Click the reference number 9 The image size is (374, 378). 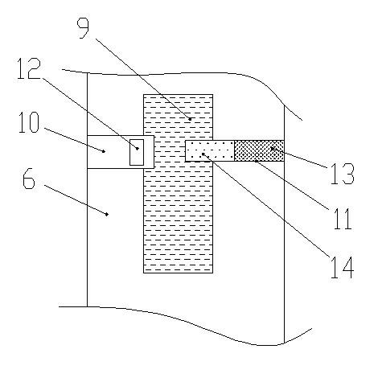click(x=83, y=28)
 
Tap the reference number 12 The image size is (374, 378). click(x=29, y=68)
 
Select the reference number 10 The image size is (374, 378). click(x=29, y=122)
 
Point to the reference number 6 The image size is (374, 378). click(x=29, y=179)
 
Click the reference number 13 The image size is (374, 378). click(x=343, y=174)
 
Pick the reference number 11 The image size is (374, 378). click(x=343, y=219)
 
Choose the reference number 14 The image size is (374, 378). click(x=343, y=268)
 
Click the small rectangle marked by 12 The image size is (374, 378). click(x=137, y=152)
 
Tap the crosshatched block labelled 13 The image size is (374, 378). click(x=259, y=150)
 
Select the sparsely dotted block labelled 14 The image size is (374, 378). click(x=210, y=151)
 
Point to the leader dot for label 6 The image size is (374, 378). click(x=107, y=214)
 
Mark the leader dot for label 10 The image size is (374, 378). click(x=104, y=151)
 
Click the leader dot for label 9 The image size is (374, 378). click(x=190, y=119)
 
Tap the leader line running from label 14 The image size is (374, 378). click(x=265, y=205)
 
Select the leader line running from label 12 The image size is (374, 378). click(x=89, y=113)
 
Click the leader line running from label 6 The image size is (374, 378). click(x=76, y=199)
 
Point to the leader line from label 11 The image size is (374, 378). click(x=292, y=185)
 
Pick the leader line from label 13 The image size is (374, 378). click(x=299, y=158)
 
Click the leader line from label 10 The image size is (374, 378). click(x=74, y=140)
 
